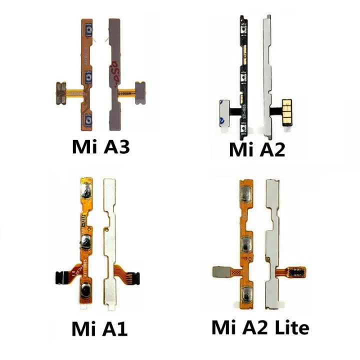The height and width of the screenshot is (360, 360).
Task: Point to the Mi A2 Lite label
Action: [x=260, y=327]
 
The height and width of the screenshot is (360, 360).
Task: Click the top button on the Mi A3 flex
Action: [x=90, y=33]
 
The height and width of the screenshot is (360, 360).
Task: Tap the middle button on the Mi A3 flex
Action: [x=90, y=77]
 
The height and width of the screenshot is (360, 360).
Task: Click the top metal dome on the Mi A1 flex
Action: [x=85, y=190]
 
